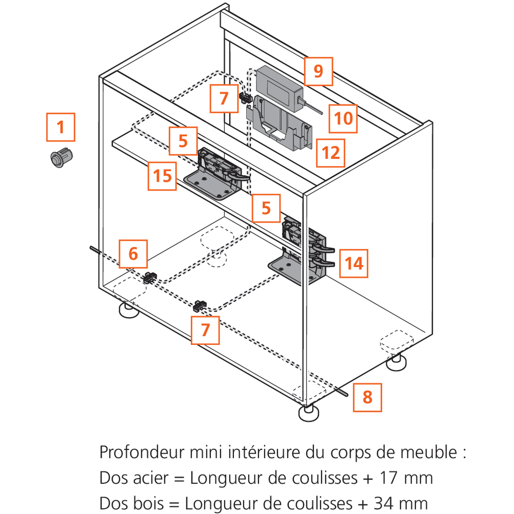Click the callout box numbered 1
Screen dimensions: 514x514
[x=61, y=126]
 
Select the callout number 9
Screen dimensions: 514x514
[x=318, y=71]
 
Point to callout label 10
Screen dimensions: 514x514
[x=343, y=118]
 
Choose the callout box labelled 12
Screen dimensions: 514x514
[x=331, y=153]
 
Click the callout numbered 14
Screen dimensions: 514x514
[x=354, y=264]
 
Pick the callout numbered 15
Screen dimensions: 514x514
[x=163, y=176]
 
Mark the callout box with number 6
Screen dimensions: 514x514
[x=133, y=253]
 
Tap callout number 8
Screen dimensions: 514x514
[x=368, y=397]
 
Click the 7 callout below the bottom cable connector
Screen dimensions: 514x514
[x=205, y=329]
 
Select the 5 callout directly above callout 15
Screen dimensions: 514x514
[x=183, y=141]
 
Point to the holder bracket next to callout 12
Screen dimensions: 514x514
[x=280, y=123]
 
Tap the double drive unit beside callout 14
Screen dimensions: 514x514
[x=303, y=252]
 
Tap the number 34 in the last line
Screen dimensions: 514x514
[x=382, y=503]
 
